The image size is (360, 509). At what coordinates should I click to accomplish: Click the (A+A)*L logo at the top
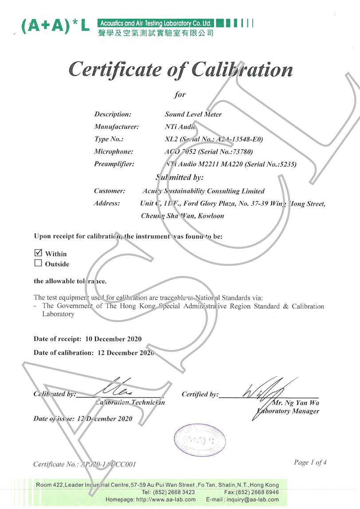tap(55, 27)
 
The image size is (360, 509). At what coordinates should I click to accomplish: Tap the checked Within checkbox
tap(38, 253)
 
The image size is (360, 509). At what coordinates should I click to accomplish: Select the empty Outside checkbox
tap(38, 263)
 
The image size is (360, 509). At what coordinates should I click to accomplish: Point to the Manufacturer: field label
tap(116, 127)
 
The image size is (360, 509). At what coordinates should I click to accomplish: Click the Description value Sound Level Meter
tap(193, 114)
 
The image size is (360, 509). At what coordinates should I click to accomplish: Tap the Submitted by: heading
tap(179, 177)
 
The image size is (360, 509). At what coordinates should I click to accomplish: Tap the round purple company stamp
tap(200, 440)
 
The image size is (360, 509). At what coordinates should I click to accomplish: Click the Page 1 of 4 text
tap(310, 462)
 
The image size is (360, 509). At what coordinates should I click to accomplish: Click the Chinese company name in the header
tap(156, 33)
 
